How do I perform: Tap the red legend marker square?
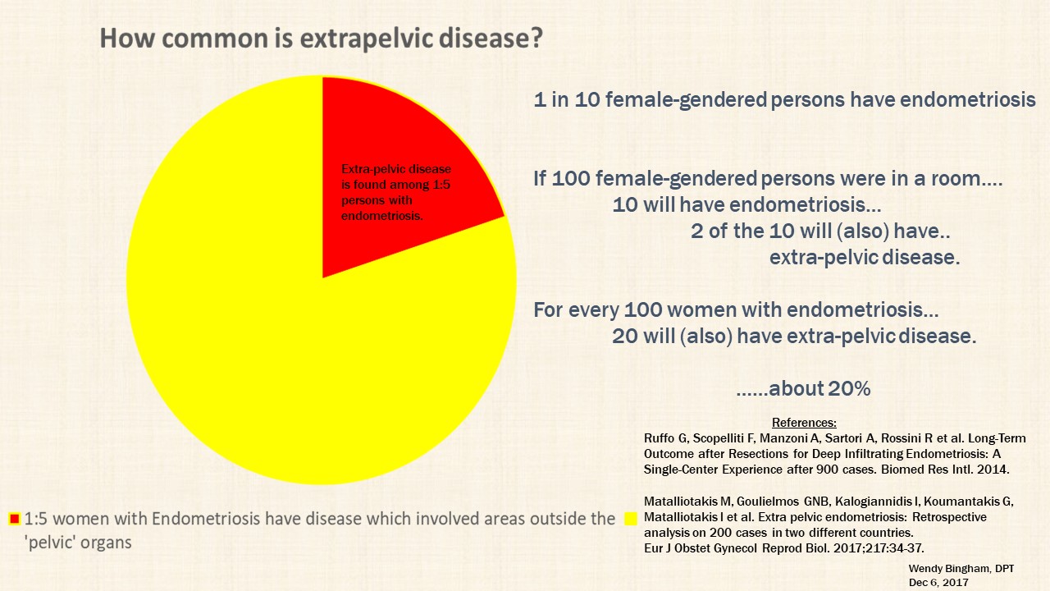pyautogui.click(x=14, y=519)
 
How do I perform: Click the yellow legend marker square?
pyautogui.click(x=631, y=518)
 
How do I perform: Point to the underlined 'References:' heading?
pyautogui.click(x=804, y=423)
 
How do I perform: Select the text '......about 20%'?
pyautogui.click(x=802, y=389)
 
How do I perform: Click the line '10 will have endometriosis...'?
pyautogui.click(x=746, y=204)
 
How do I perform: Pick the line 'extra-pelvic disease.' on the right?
pyautogui.click(x=864, y=258)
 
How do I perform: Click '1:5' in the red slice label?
pyautogui.click(x=441, y=186)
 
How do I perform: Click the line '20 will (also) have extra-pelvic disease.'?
pyautogui.click(x=794, y=337)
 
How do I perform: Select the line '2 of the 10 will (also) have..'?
pyautogui.click(x=820, y=231)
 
